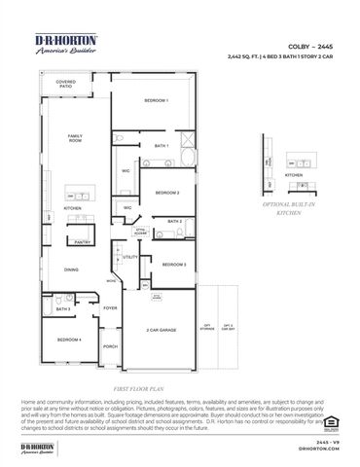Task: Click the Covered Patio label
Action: pos(66,85)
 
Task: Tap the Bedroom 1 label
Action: pos(156,101)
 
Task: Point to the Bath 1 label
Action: pos(162,145)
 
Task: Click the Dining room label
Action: pos(72,269)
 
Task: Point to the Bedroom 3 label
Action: pos(174,265)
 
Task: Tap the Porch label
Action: pos(110,346)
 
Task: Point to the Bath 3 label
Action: pos(76,308)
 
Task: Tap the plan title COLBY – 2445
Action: pos(310,45)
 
